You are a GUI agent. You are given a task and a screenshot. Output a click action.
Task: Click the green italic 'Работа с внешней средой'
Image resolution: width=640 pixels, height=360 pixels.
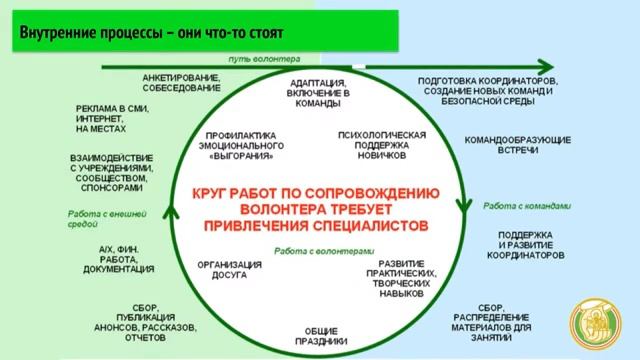tap(107, 219)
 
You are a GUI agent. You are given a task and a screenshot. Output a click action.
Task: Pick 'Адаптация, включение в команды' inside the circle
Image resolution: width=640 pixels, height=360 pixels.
tap(319, 93)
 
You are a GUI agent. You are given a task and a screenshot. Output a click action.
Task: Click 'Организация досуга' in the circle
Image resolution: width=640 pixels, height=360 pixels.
tap(230, 271)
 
